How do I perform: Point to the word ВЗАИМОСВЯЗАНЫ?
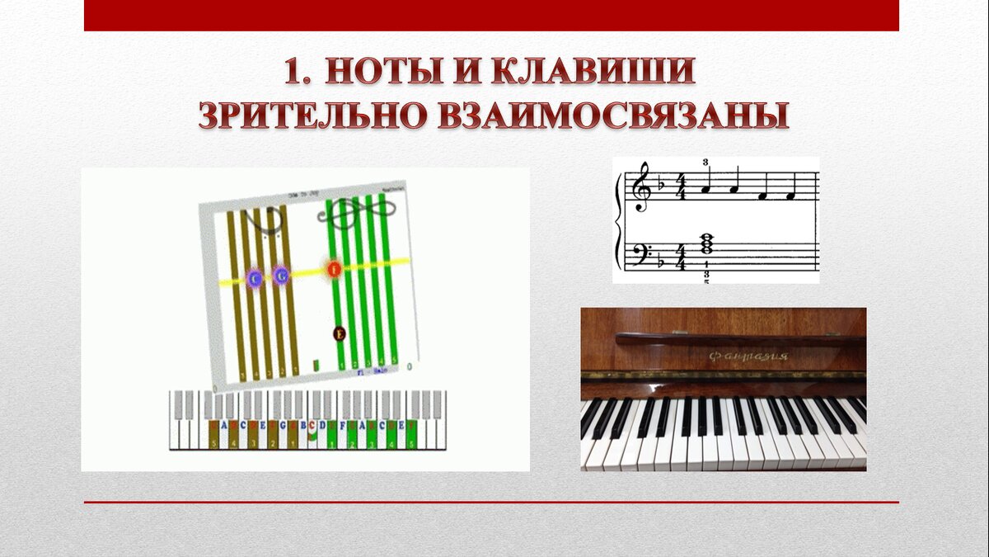(x=612, y=116)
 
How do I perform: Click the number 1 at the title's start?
(x=297, y=73)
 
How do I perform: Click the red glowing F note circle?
(x=334, y=269)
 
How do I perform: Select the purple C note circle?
(x=255, y=278)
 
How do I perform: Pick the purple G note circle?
(x=281, y=275)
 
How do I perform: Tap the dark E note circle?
(x=339, y=333)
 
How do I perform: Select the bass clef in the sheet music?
(x=640, y=253)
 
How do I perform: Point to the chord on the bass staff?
(x=706, y=245)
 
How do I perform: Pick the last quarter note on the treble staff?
(x=790, y=195)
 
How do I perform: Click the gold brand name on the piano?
(x=748, y=356)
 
